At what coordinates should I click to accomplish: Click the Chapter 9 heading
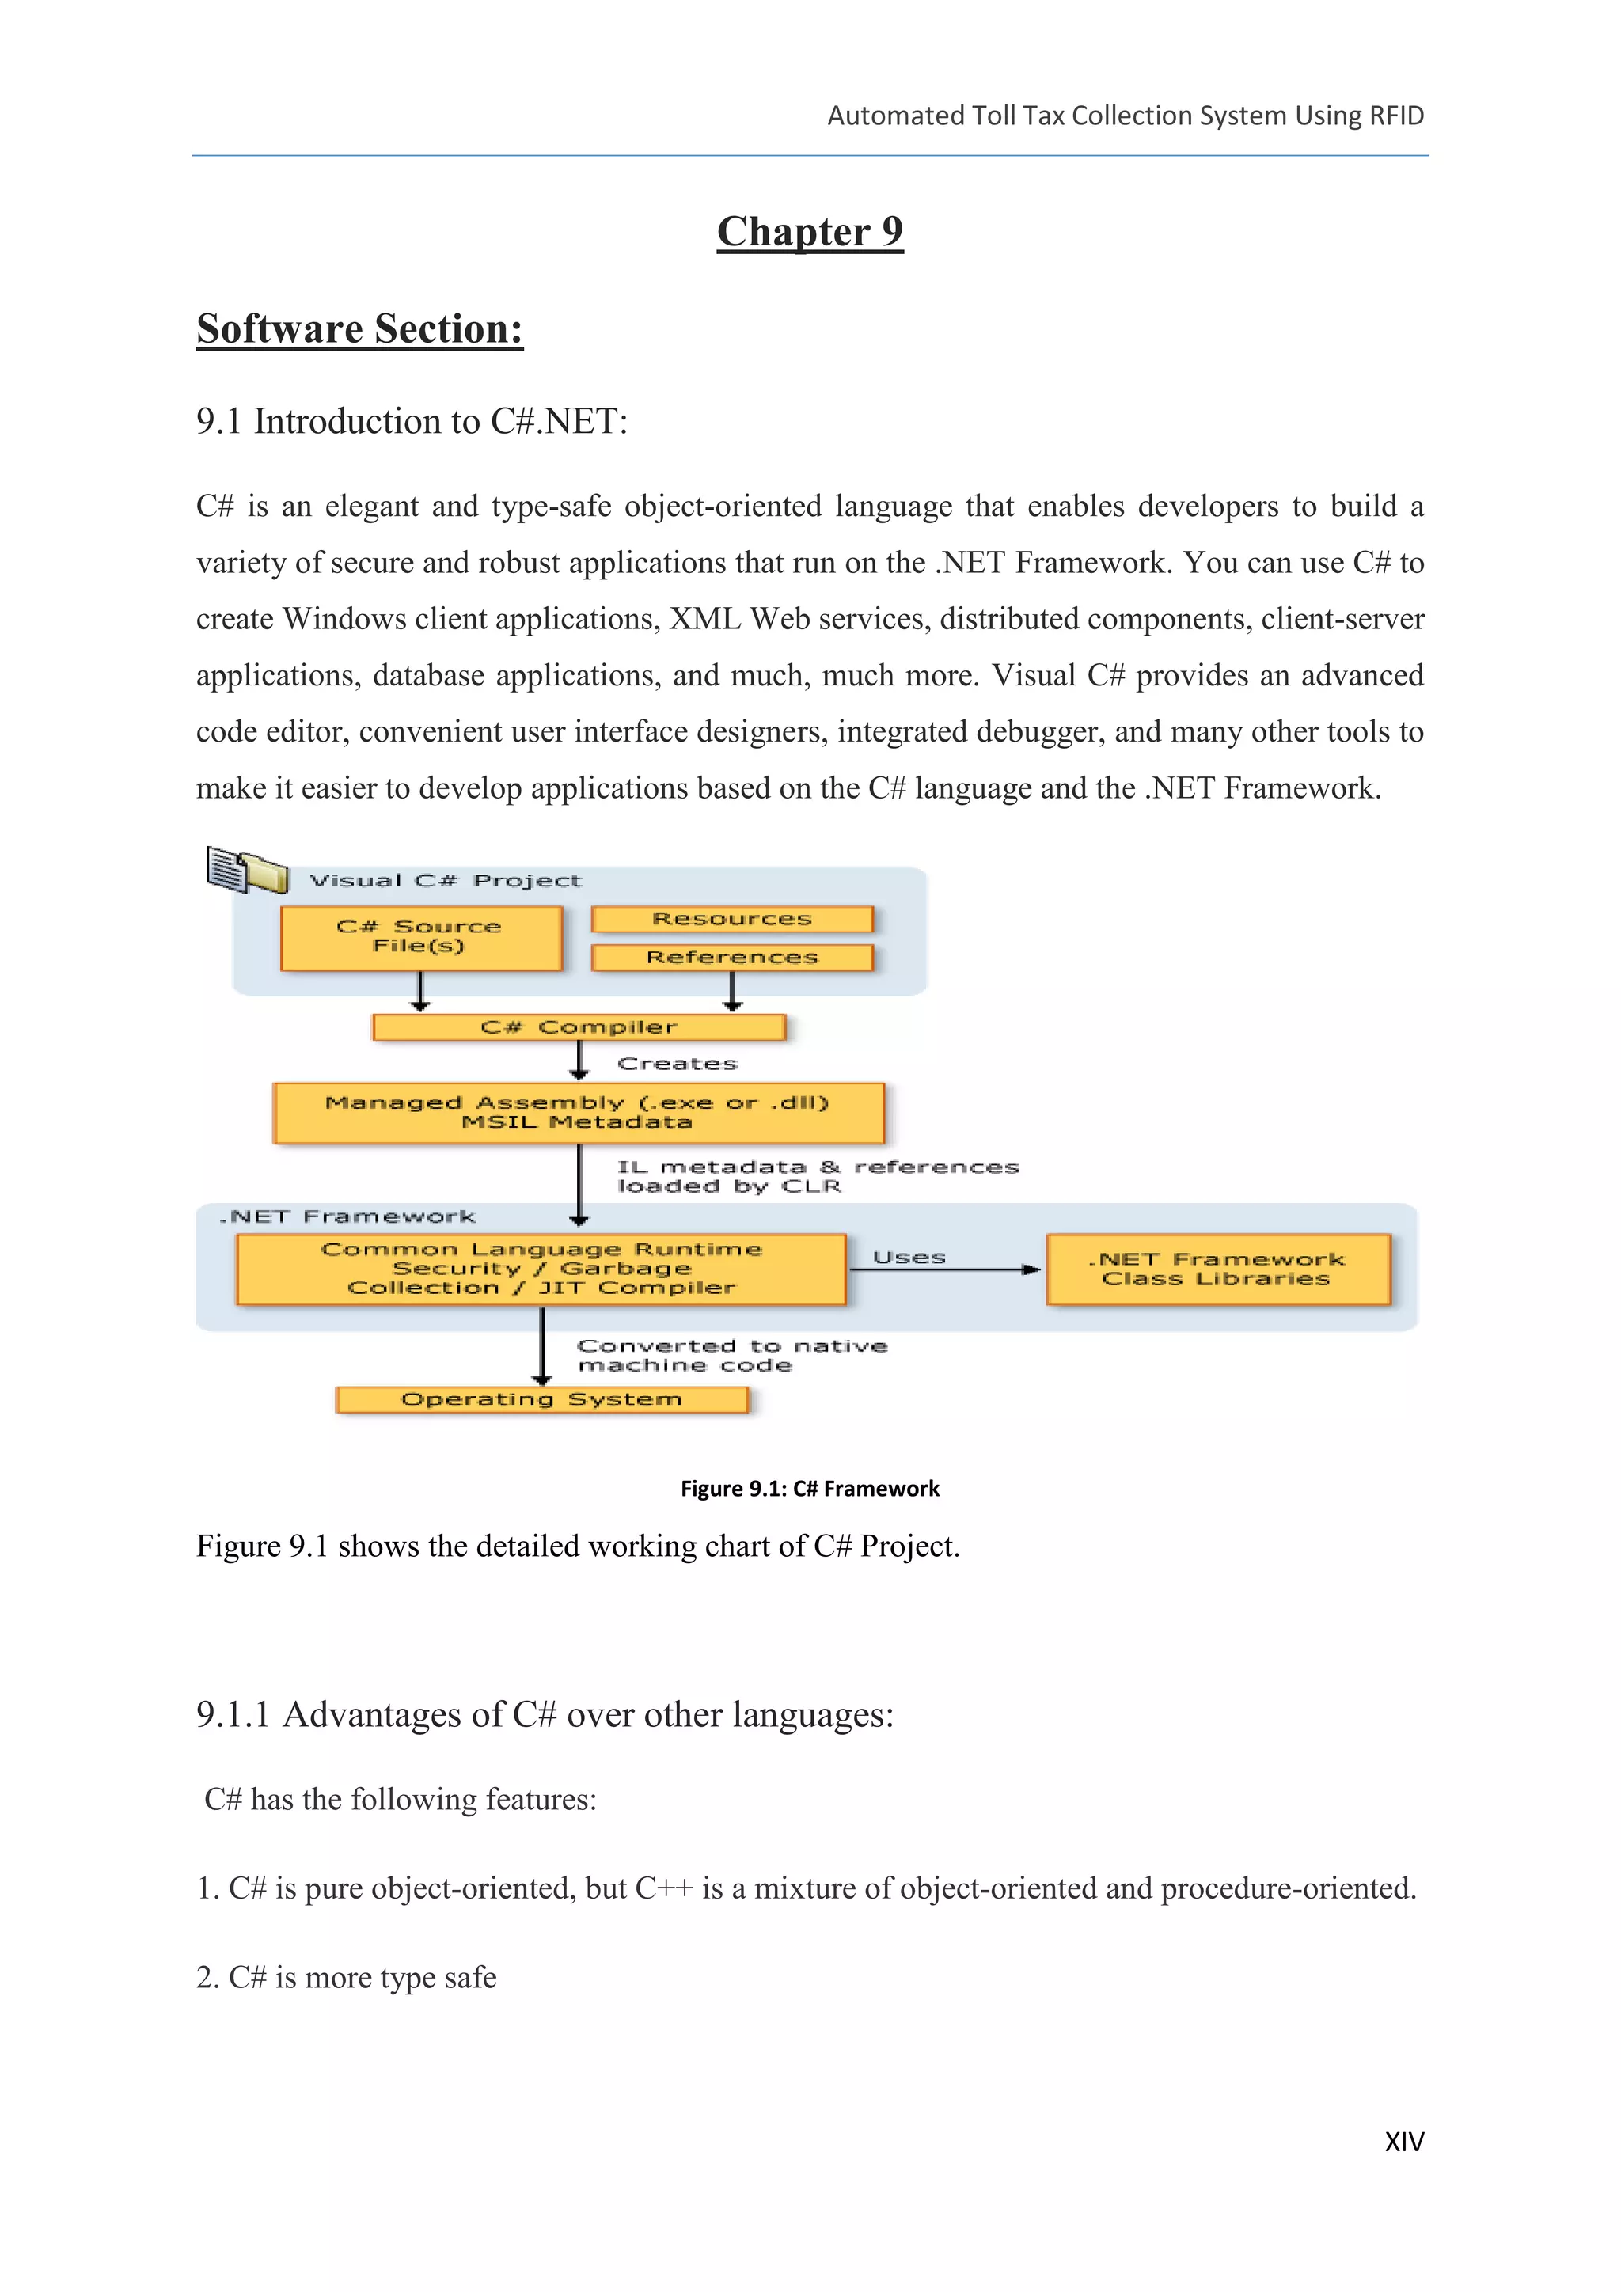(x=810, y=232)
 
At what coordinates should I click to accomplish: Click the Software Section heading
(x=359, y=329)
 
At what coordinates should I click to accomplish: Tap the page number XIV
(x=1403, y=2142)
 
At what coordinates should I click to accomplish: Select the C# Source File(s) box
(x=420, y=937)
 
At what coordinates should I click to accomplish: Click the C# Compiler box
(x=578, y=1027)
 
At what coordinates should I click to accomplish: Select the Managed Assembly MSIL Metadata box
(x=578, y=1112)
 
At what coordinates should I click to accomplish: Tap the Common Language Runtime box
(x=541, y=1269)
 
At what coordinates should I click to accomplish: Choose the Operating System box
(x=541, y=1399)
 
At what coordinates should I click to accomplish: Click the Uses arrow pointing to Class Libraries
(x=943, y=1269)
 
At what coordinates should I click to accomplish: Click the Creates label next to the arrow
(x=677, y=1064)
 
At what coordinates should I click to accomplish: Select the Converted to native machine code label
(x=731, y=1356)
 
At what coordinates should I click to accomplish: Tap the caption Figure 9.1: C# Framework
(x=810, y=1489)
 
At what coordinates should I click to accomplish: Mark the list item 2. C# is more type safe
(x=347, y=1978)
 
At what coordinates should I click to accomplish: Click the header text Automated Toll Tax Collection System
(x=1125, y=116)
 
